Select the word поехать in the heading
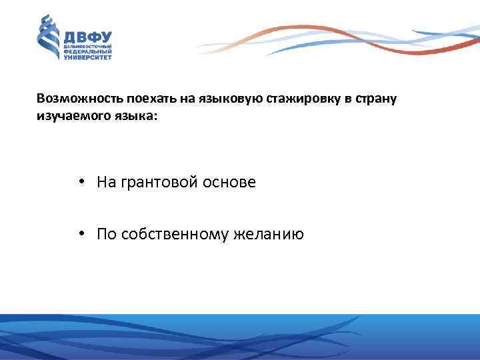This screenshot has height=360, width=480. [x=133, y=99]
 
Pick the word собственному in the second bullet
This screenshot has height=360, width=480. [x=173, y=234]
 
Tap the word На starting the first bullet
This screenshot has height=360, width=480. [x=106, y=182]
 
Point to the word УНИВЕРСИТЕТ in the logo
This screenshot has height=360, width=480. [x=87, y=58]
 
